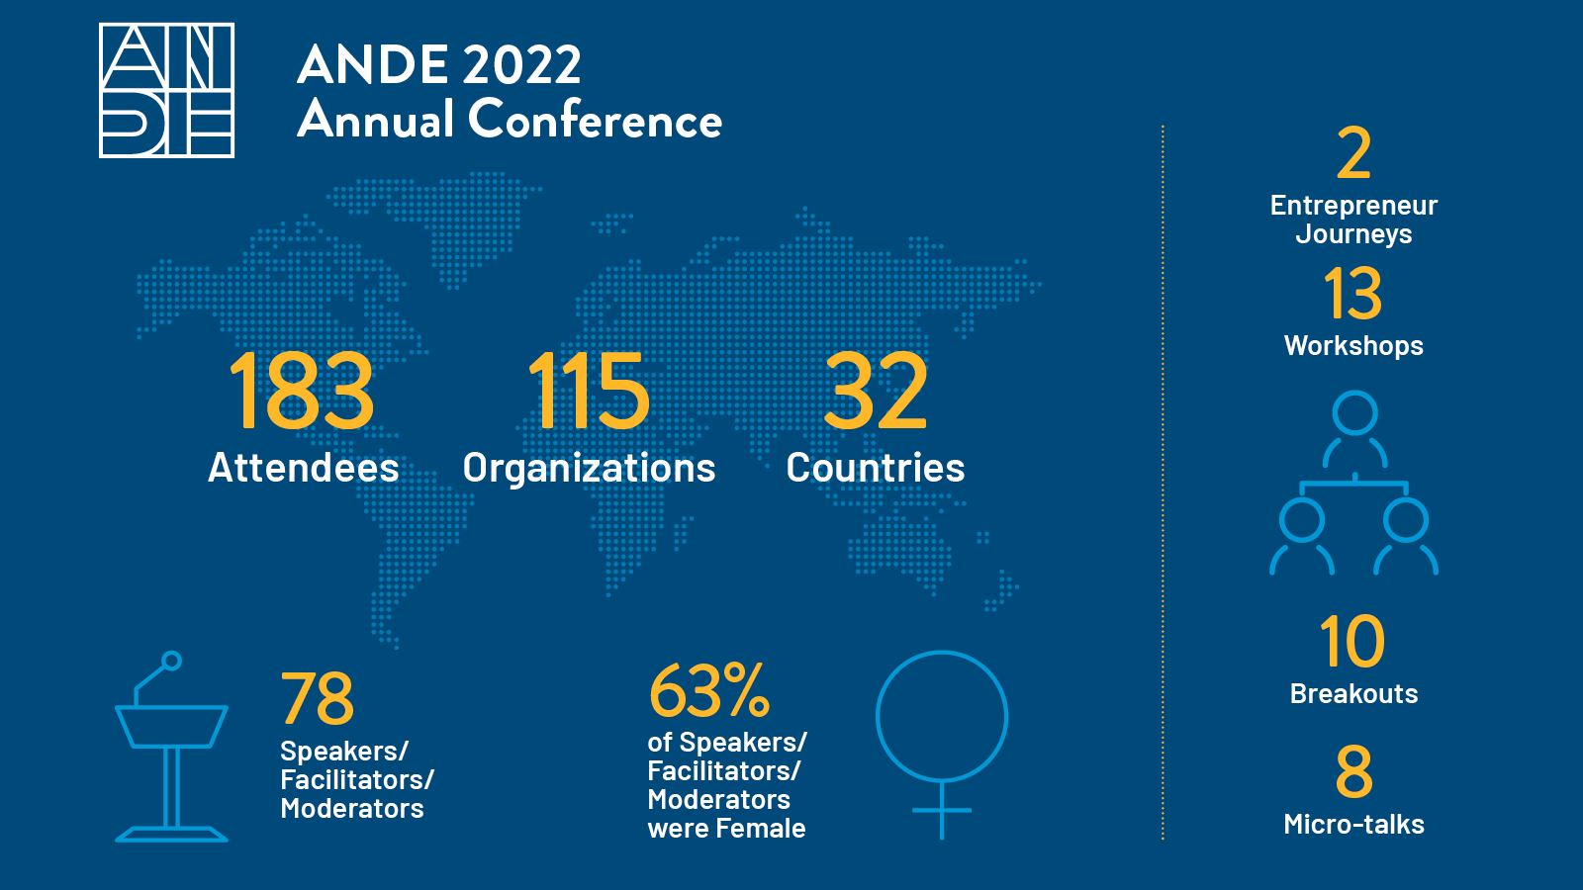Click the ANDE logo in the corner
pos(166,90)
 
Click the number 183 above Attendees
pos(302,393)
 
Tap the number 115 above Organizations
pos(589,393)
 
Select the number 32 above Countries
pos(876,393)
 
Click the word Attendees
pos(303,468)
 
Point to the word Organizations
pos(589,469)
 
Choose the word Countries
pos(876,468)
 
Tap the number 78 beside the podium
pos(317,698)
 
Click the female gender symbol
pos(942,742)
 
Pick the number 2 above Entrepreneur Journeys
pos(1353,154)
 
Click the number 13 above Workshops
pos(1353,294)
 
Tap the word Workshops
pos(1353,346)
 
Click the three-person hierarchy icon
pos(1353,484)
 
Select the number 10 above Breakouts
pos(1352,642)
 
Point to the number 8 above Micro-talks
pos(1353,772)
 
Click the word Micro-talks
pos(1353,825)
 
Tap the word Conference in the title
pos(595,120)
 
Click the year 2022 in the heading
pos(521,65)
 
